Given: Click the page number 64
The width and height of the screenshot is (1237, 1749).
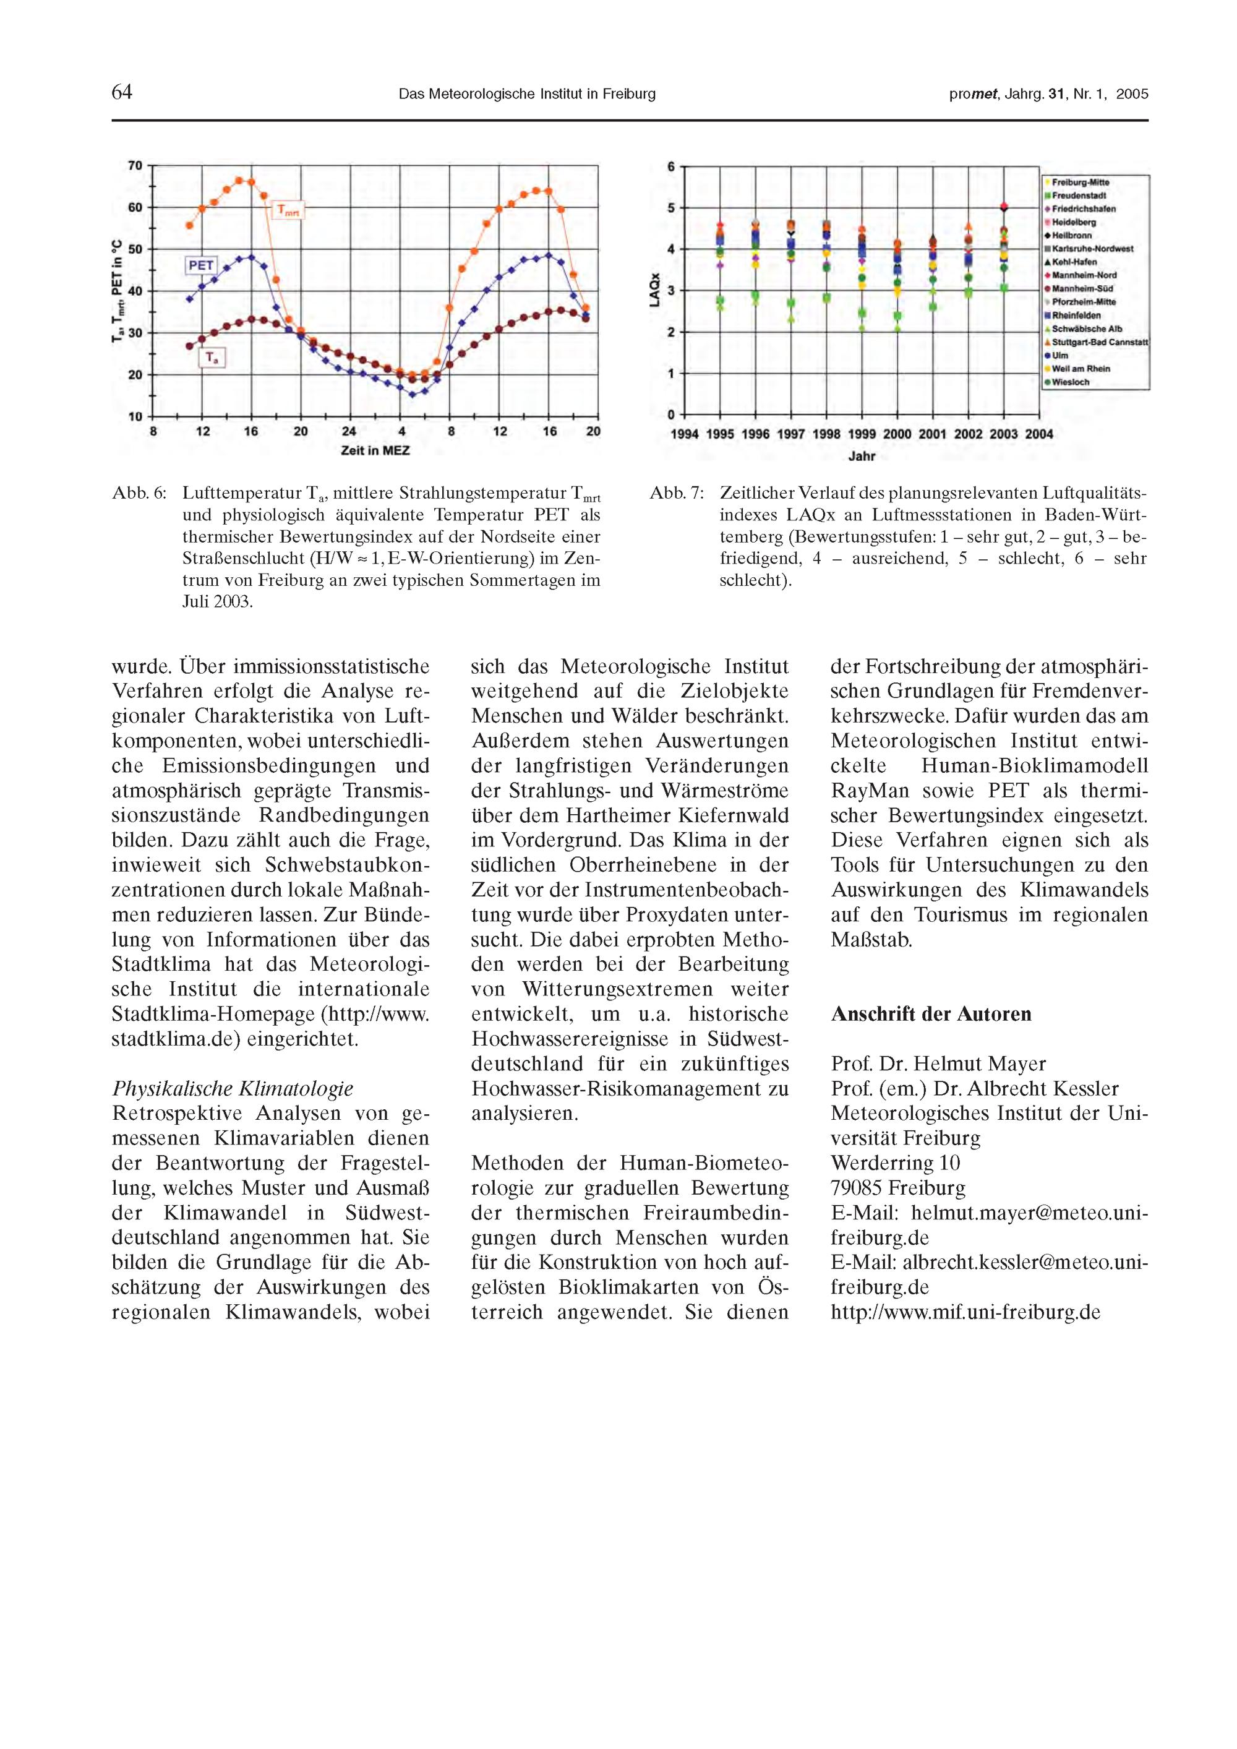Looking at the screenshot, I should [122, 93].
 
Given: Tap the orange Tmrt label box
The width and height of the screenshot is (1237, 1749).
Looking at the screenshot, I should [289, 210].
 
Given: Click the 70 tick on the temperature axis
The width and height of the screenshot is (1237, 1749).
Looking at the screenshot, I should [135, 165].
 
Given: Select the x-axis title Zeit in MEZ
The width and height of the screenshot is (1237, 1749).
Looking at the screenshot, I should [375, 451].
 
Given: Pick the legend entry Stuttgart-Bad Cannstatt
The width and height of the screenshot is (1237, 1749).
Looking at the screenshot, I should [1099, 343].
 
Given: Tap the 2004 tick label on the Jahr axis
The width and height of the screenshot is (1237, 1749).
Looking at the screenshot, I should [1039, 434].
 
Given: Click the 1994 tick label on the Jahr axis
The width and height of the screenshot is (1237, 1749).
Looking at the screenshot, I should [685, 434].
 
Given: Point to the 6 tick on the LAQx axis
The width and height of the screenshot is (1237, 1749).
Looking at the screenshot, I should [671, 166].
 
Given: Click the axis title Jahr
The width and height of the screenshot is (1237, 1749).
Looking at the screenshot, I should [862, 457].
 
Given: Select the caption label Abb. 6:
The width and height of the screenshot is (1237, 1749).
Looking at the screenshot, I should [139, 494].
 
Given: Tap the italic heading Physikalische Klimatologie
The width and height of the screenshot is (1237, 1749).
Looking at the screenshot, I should [233, 1088].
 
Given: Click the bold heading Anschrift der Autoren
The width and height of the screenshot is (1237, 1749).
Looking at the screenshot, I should [931, 1014].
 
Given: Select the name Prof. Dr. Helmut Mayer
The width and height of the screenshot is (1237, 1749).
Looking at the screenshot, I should [938, 1064].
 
